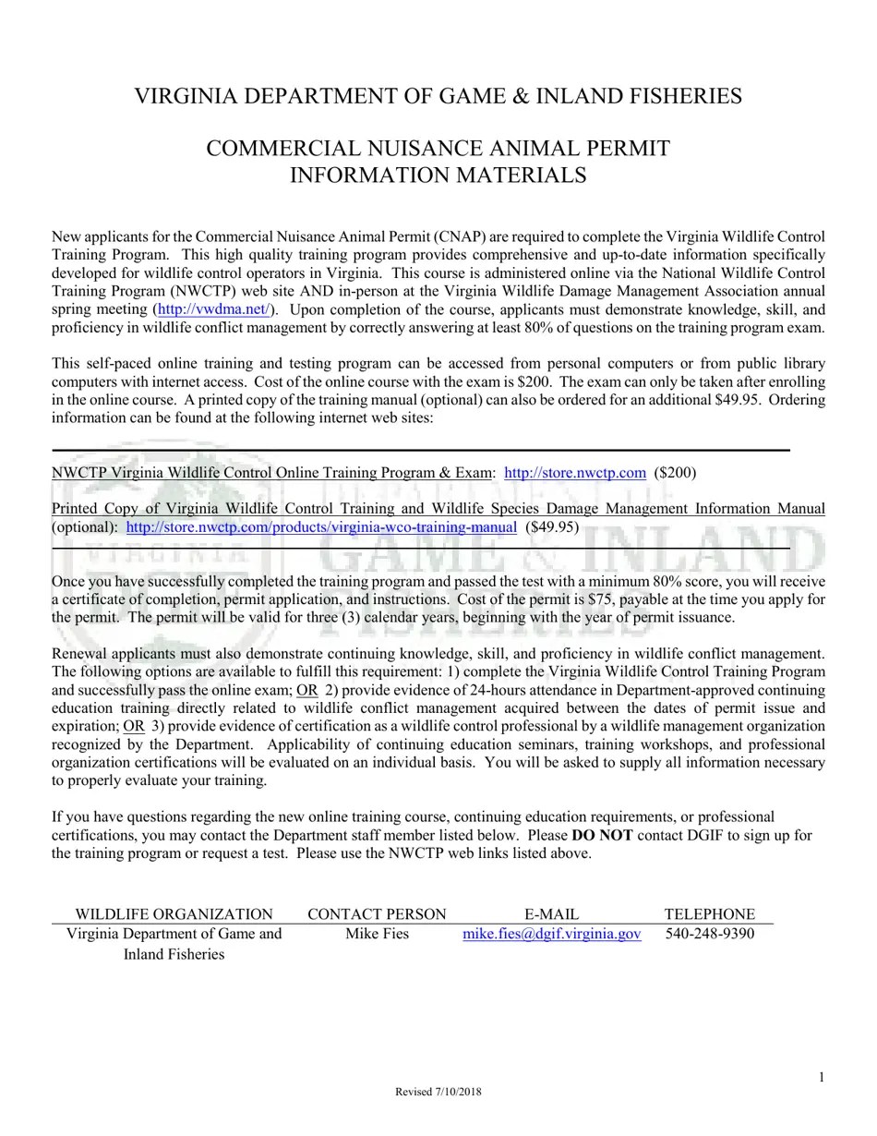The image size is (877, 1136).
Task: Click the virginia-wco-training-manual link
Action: click(x=321, y=527)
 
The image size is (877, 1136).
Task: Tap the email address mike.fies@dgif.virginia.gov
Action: click(x=551, y=934)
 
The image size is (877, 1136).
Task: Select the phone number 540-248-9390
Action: click(x=709, y=934)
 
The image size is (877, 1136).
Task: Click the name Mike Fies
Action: click(x=377, y=934)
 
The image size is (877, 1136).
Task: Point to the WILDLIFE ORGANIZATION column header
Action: click(x=174, y=914)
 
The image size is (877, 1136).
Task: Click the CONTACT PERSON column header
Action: click(x=377, y=914)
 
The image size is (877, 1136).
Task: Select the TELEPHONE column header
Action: click(x=709, y=914)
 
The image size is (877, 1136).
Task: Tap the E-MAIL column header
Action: click(x=551, y=914)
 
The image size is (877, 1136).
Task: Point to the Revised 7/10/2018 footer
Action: click(x=438, y=1092)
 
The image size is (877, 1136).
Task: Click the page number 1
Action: click(x=821, y=1077)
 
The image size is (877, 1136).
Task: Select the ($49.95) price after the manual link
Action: click(x=552, y=527)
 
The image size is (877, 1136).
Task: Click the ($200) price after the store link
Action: click(x=675, y=473)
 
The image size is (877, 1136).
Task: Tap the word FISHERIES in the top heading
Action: click(x=684, y=96)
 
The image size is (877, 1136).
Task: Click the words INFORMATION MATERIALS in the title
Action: click(x=438, y=175)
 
